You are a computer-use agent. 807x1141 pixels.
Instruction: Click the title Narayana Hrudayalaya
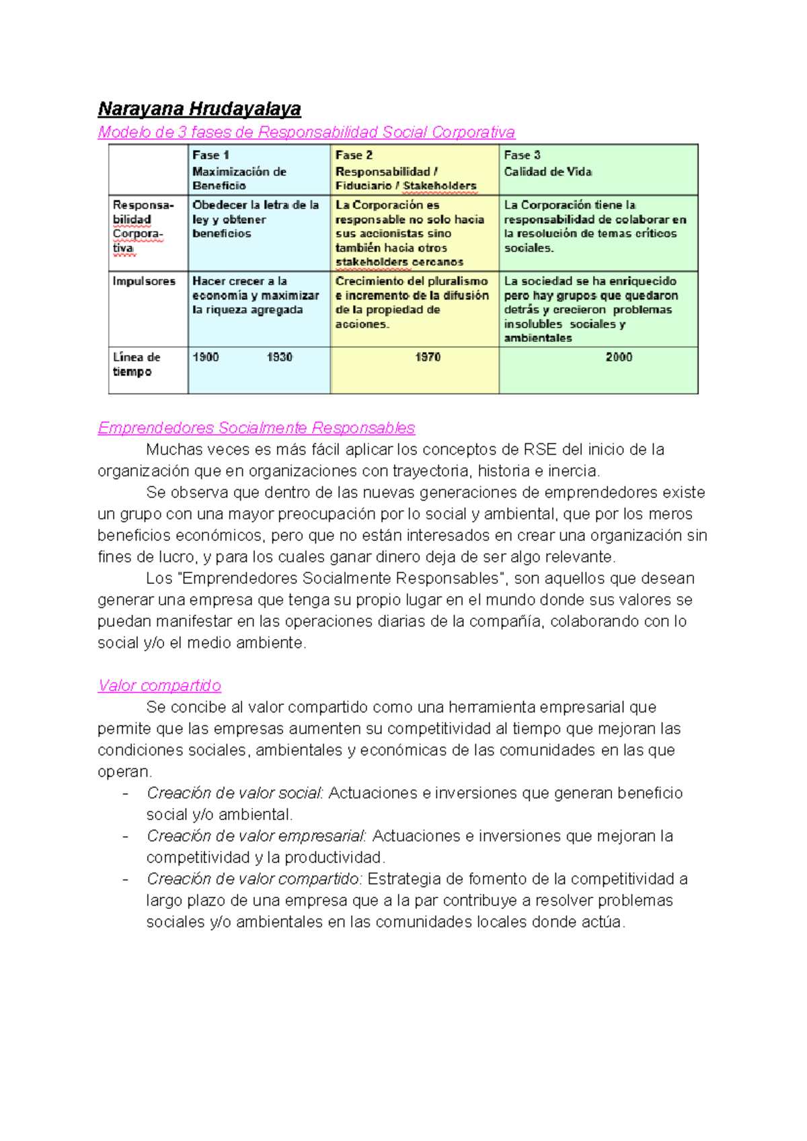199,109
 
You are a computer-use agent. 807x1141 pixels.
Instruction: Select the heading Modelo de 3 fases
306,132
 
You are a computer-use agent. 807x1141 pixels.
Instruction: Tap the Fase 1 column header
239,170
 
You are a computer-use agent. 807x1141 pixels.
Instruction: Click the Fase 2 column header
406,170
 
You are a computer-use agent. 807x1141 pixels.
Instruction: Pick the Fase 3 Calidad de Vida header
548,163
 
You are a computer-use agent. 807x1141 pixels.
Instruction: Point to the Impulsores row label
144,281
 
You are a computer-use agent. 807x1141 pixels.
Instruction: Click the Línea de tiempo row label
137,364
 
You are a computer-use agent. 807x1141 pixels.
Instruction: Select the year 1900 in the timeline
206,357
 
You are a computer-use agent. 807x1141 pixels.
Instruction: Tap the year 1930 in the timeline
280,357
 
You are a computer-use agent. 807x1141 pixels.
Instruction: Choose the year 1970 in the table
428,357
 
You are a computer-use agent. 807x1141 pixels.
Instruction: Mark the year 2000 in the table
619,357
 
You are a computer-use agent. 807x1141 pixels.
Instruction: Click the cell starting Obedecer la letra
256,219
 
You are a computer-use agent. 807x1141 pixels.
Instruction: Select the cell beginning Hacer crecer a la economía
256,295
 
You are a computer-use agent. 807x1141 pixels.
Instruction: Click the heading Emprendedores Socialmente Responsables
256,428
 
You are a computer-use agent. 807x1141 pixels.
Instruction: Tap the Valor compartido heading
159,686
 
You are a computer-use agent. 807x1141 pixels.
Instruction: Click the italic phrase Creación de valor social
235,793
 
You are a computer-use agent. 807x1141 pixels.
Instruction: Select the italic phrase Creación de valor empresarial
256,836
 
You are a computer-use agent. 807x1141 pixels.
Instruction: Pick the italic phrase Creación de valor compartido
254,879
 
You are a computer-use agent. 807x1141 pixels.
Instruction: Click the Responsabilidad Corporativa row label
143,227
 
